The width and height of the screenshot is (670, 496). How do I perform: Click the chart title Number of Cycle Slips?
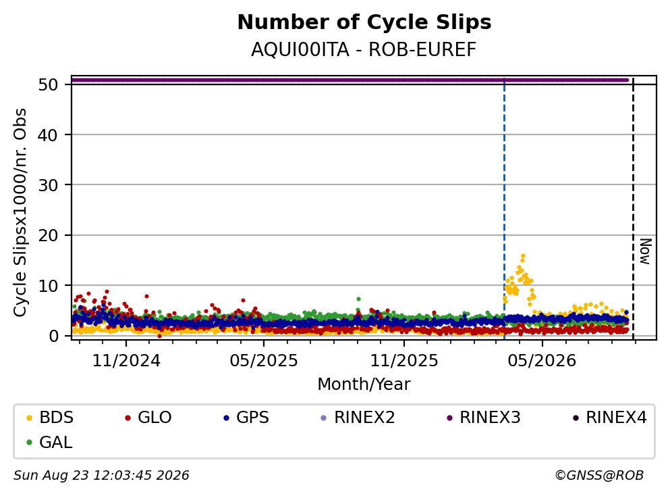tap(364, 22)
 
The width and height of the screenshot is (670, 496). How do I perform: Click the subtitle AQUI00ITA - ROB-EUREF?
tap(364, 49)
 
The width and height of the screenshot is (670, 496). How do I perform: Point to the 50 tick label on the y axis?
tap(48, 84)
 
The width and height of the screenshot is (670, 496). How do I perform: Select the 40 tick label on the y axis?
tap(48, 135)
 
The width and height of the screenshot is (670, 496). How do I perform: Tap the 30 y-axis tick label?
tap(48, 185)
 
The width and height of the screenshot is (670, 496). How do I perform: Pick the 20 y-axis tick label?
tap(48, 235)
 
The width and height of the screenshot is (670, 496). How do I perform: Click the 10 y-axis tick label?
tap(48, 286)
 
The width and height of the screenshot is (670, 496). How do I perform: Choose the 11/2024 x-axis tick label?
tap(126, 361)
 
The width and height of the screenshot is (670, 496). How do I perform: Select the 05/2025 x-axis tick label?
tap(264, 361)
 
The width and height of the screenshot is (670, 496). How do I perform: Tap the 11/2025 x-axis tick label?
tap(403, 361)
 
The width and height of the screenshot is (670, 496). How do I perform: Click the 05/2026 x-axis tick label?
tap(542, 361)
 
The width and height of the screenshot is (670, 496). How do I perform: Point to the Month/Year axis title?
tap(364, 385)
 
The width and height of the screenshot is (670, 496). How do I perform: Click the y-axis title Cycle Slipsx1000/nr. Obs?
tap(20, 213)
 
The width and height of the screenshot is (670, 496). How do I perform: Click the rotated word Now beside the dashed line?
tap(645, 251)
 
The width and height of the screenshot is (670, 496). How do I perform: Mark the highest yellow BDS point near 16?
tap(523, 256)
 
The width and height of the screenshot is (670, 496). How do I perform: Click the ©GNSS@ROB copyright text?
tap(599, 475)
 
